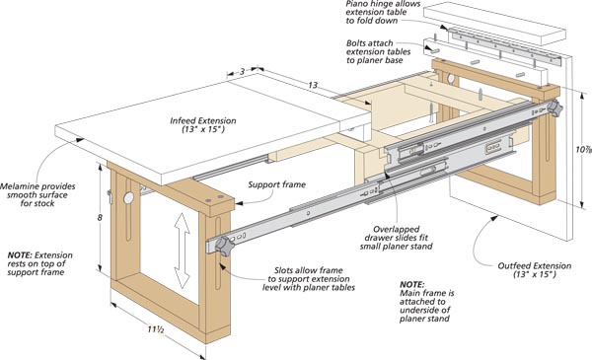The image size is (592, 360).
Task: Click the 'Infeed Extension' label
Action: point(203,120)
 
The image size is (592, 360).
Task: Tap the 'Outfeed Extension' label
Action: point(534,265)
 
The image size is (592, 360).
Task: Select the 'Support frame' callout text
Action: point(276,184)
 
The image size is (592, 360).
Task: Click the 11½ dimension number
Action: point(156,329)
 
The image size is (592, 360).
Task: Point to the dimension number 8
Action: point(100,218)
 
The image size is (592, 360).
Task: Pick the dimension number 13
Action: point(313,85)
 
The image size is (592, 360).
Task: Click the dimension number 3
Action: point(243,71)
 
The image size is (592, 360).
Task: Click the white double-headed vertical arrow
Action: point(182,251)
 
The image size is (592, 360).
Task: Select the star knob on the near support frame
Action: point(224,246)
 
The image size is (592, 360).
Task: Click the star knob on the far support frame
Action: point(555,108)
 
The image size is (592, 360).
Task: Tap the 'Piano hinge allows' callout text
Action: point(383,4)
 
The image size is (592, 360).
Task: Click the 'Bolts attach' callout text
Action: point(370,43)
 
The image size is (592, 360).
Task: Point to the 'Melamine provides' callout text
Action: point(37,186)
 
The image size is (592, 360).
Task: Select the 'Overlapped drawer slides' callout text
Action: point(396,233)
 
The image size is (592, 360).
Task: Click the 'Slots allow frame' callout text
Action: point(309,270)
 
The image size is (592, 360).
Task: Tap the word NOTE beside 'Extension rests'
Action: point(20,255)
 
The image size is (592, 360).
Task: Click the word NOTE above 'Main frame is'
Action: point(412,284)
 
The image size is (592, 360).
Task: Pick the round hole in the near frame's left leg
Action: point(128,197)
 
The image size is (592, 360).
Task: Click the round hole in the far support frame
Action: point(451,79)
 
